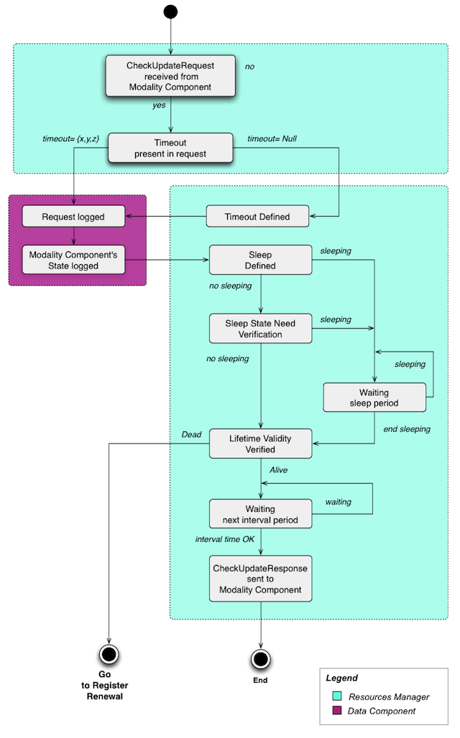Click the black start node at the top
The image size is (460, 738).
click(x=170, y=11)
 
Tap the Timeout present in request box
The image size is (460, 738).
click(x=170, y=147)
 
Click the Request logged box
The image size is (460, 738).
click(x=73, y=216)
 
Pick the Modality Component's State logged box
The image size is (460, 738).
click(x=73, y=261)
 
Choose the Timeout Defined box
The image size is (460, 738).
click(x=257, y=216)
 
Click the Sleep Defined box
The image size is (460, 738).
click(x=260, y=260)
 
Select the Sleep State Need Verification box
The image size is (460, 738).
click(x=260, y=328)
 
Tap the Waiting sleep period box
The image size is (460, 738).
click(x=374, y=398)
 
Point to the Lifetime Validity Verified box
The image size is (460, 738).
click(x=260, y=444)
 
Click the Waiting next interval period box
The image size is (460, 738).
click(x=260, y=514)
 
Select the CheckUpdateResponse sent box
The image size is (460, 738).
click(x=260, y=579)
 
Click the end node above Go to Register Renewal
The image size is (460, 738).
click(x=109, y=654)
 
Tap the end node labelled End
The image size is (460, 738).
click(x=260, y=658)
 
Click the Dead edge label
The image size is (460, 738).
click(x=191, y=434)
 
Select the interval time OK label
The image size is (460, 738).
click(x=224, y=538)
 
